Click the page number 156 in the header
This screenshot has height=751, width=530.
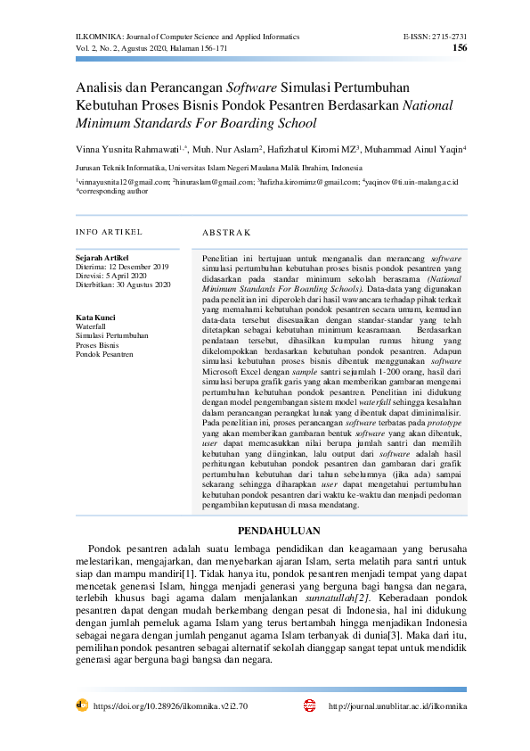[460, 48]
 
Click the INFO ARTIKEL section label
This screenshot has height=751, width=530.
[109, 232]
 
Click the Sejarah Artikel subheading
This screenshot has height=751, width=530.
[103, 258]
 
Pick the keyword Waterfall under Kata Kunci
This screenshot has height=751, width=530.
[91, 326]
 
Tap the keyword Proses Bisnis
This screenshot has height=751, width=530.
[97, 344]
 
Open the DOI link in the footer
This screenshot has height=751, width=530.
[170, 706]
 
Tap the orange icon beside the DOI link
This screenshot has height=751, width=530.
[82, 705]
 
